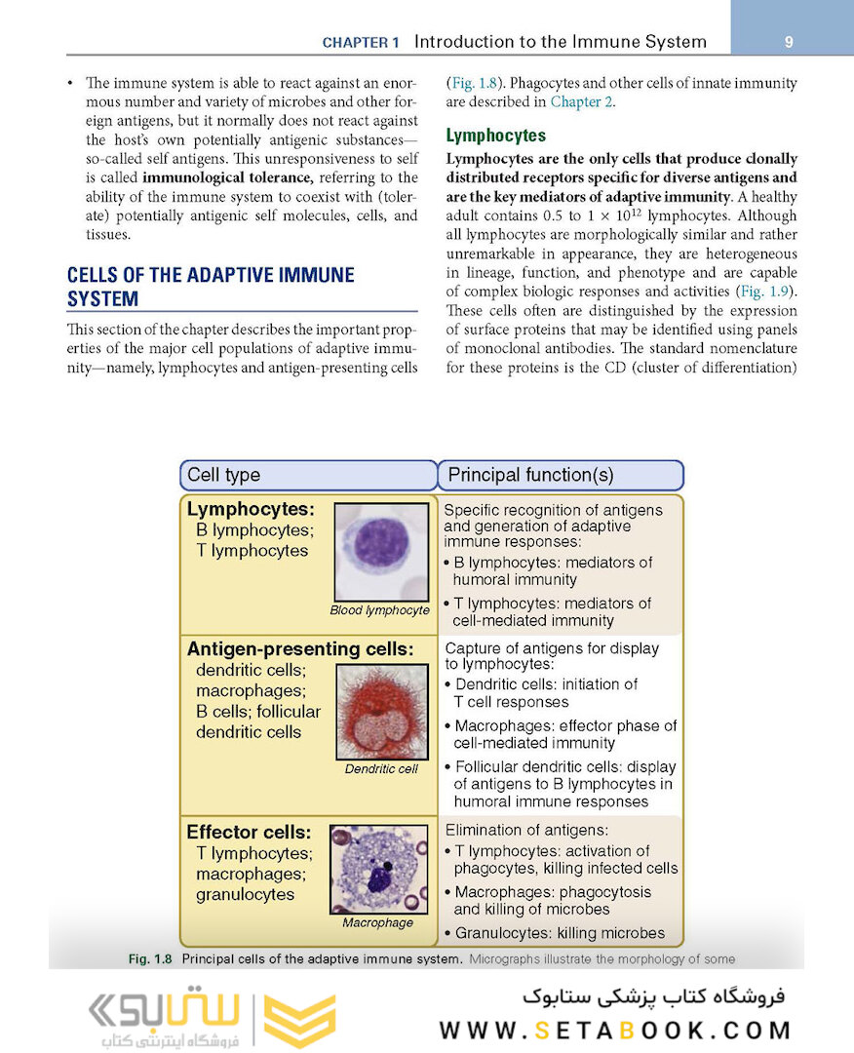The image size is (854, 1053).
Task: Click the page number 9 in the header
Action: tap(789, 42)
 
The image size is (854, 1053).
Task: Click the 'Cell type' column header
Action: tap(224, 475)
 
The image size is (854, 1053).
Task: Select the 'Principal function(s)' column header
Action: tap(530, 475)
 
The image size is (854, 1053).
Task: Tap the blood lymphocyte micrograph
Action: tap(380, 552)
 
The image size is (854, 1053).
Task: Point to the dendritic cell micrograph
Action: tap(380, 713)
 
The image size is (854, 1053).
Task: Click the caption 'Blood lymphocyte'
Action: tap(379, 610)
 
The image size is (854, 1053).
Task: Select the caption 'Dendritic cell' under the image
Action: tap(381, 769)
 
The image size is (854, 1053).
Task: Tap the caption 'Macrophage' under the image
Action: tap(377, 922)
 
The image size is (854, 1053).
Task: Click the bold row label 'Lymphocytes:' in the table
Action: tap(251, 509)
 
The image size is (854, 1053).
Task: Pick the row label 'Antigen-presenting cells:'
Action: tap(300, 649)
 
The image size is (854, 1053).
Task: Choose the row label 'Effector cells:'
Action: tap(249, 833)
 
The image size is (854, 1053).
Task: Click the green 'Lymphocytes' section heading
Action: tap(495, 136)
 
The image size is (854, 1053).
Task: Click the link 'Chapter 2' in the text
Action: tap(583, 101)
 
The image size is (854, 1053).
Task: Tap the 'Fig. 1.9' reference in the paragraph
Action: tap(764, 292)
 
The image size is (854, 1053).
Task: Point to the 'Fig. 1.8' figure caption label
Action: tap(150, 959)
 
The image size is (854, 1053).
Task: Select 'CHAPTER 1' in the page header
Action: tap(361, 43)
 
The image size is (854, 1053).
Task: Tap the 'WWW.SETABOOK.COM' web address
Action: tap(614, 1031)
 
